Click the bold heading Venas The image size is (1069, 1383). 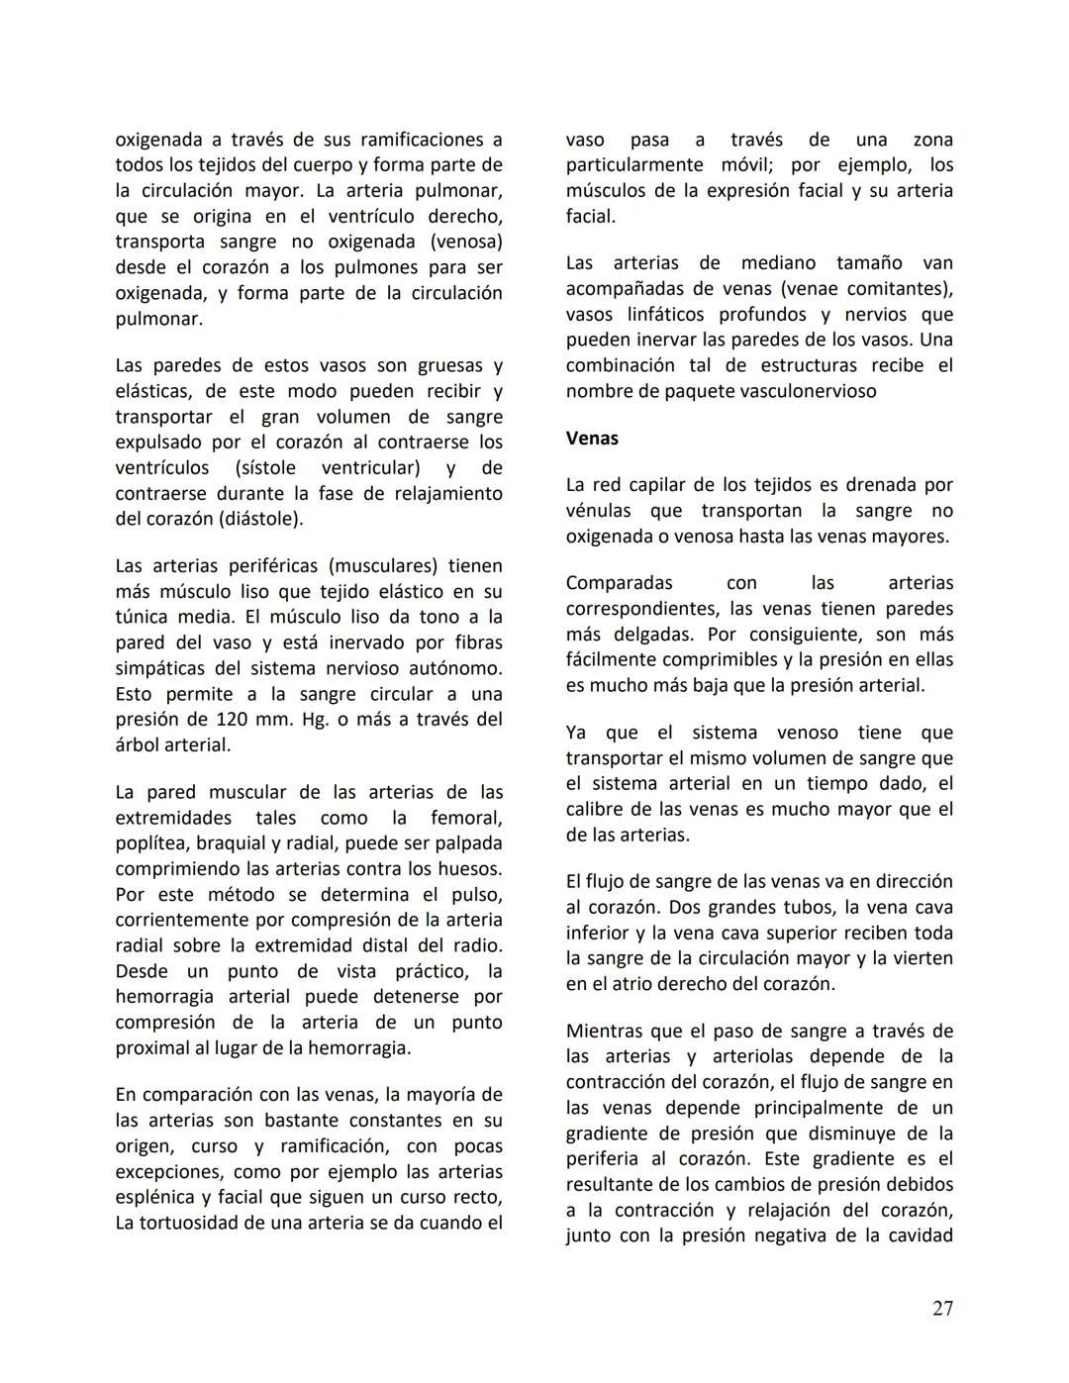pos(592,438)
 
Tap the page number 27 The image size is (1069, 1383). pos(942,1309)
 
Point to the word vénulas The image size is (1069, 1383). pos(598,511)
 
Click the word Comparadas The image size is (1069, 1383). pos(619,583)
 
